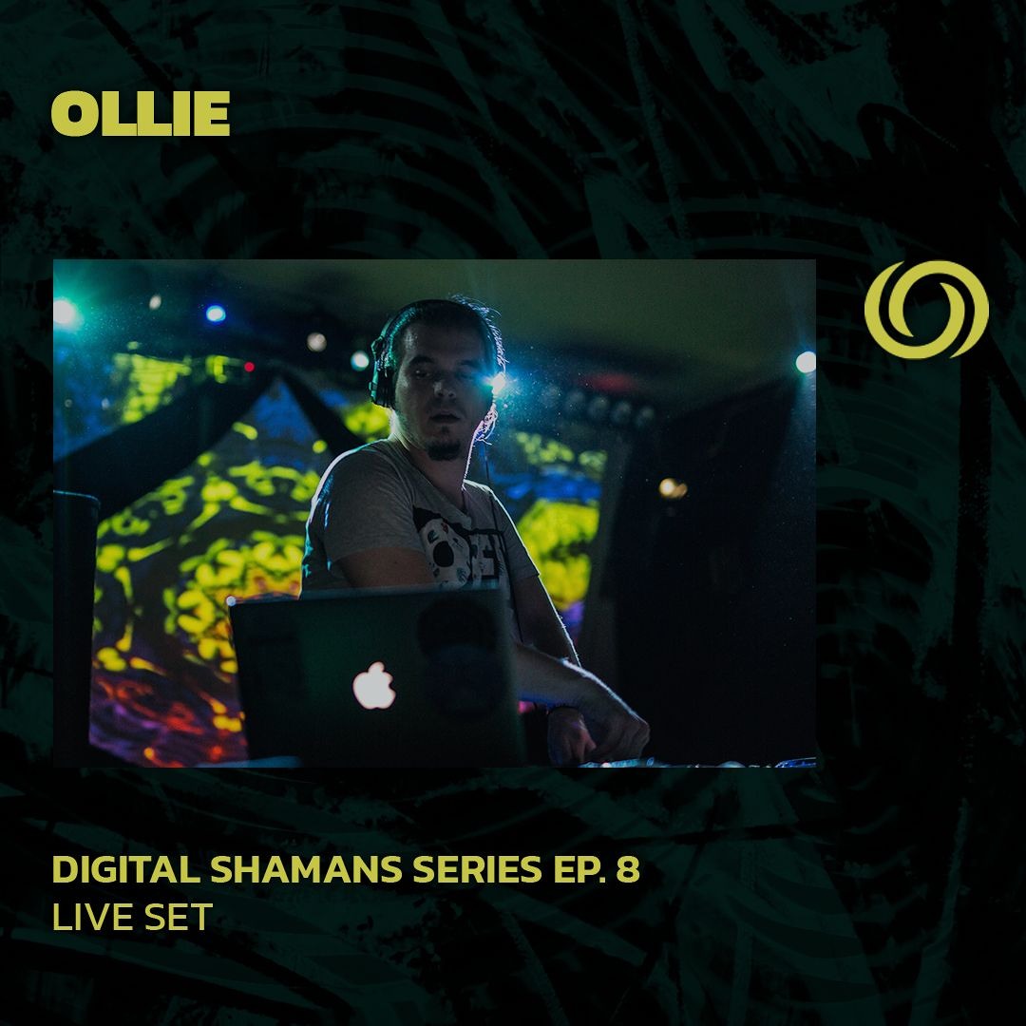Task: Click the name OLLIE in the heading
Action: coord(141,115)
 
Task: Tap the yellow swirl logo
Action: coord(926,309)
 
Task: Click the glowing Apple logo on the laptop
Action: coord(374,686)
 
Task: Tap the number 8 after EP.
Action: coord(630,871)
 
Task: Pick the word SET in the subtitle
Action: coord(180,918)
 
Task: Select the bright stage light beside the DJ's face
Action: coord(496,383)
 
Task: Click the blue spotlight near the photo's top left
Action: coord(216,313)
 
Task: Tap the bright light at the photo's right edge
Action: coord(806,361)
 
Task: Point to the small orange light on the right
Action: coord(672,487)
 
